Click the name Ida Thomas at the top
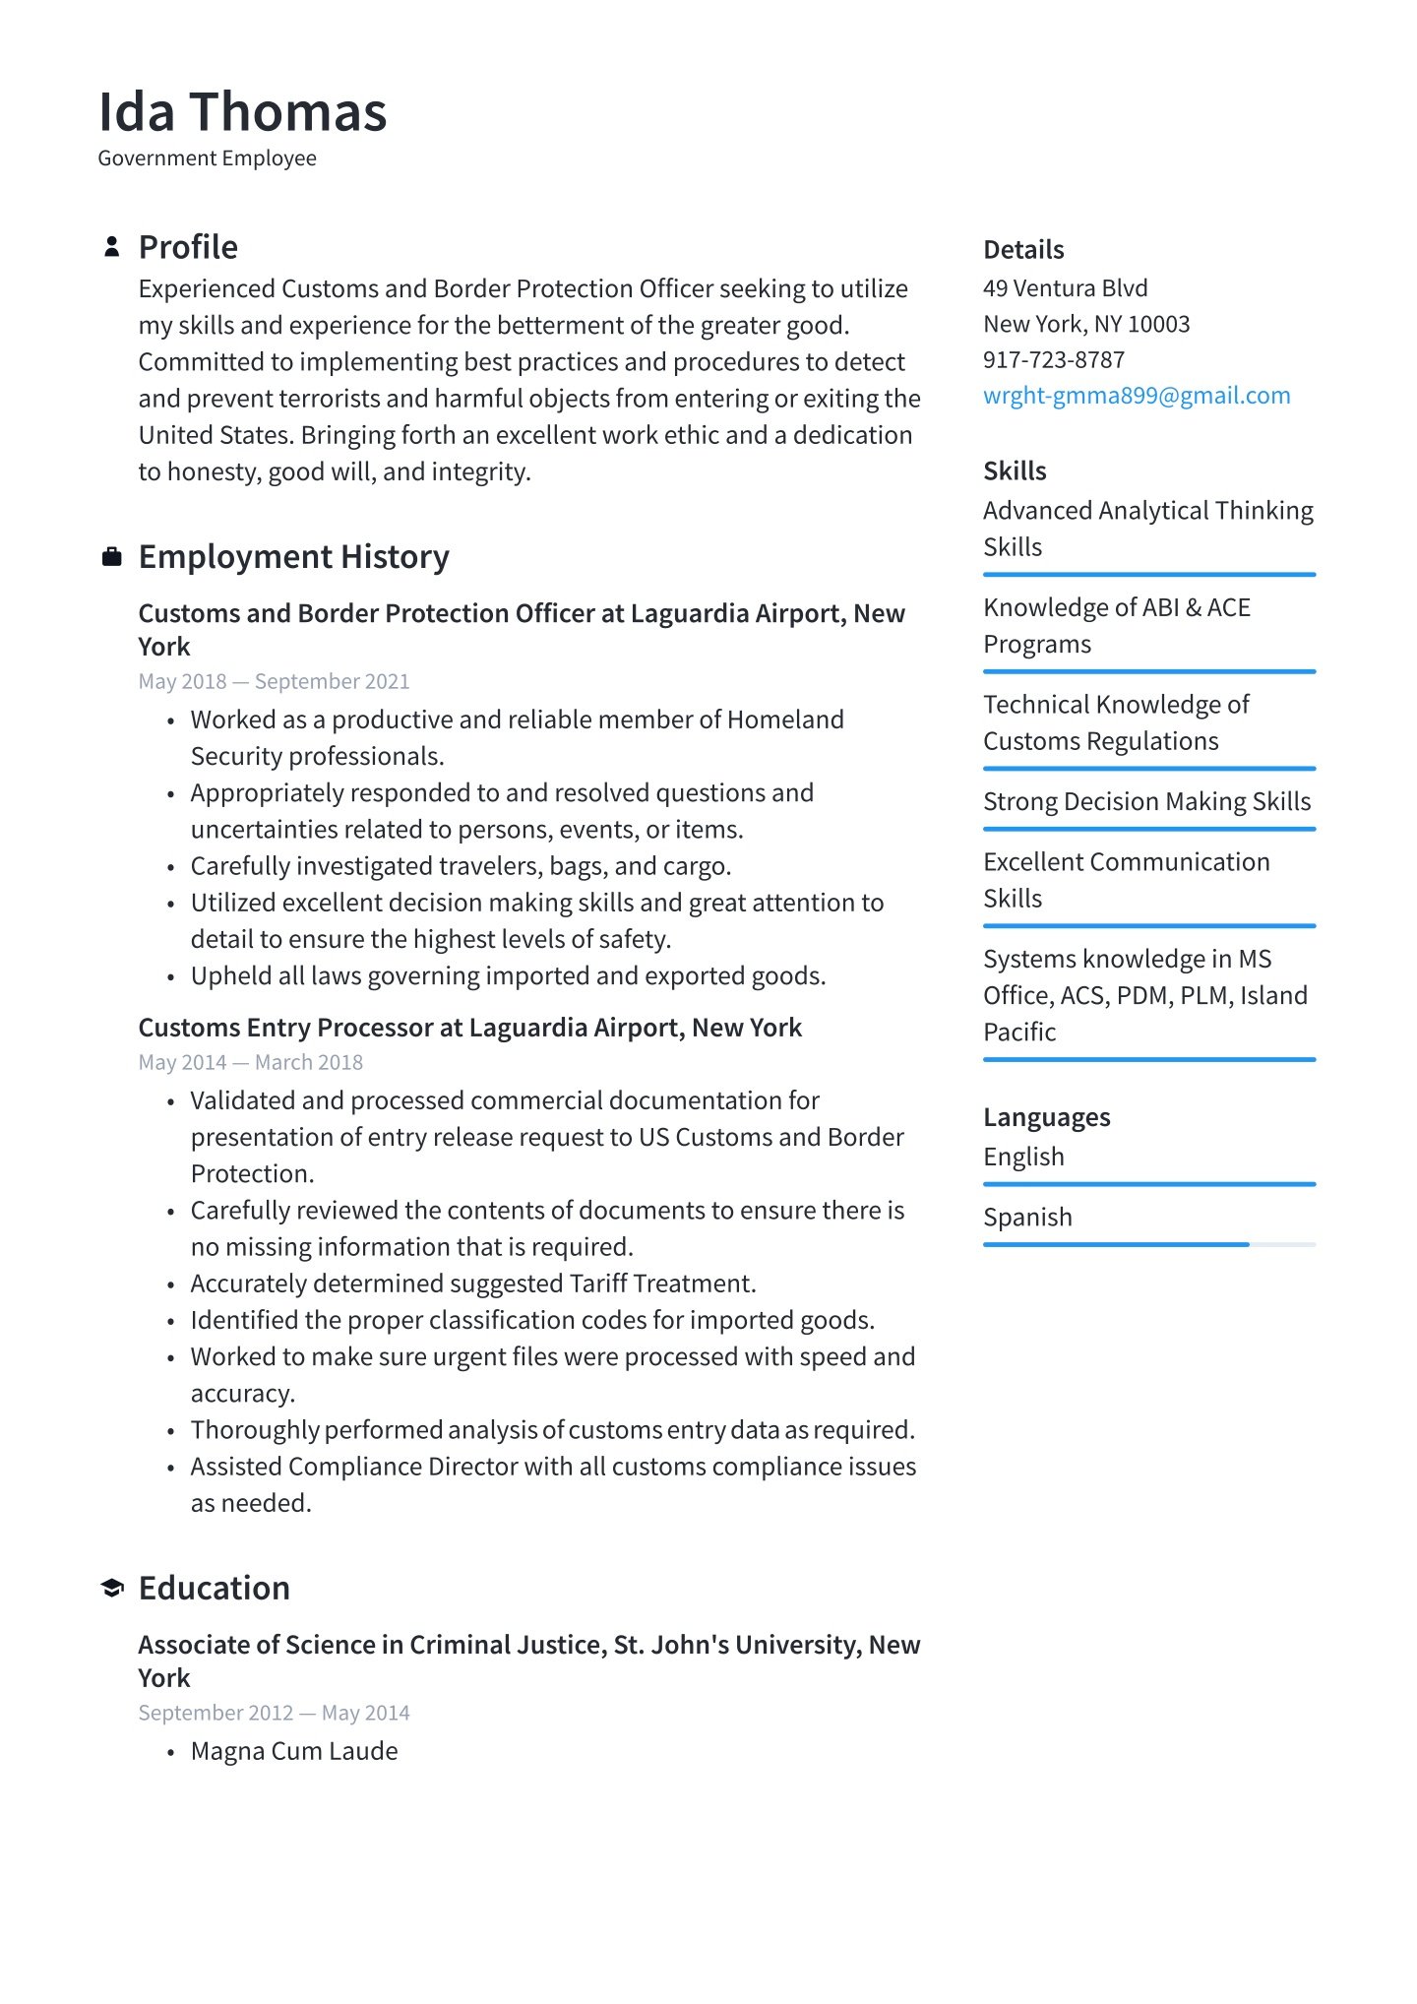click(x=242, y=111)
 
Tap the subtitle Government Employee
click(x=207, y=158)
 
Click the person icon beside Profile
click(x=112, y=247)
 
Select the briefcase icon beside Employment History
click(x=112, y=557)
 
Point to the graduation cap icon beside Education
click(x=112, y=1588)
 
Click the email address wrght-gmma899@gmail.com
click(x=1136, y=396)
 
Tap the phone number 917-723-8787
click(x=1053, y=360)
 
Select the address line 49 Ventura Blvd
click(x=1065, y=288)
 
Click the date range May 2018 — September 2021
click(x=274, y=681)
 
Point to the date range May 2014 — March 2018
click(x=250, y=1062)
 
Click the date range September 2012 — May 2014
click(x=274, y=1713)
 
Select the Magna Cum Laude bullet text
click(x=294, y=1751)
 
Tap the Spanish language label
click(x=1027, y=1218)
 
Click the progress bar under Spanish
click(x=1148, y=1245)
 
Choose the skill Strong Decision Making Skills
click(x=1146, y=802)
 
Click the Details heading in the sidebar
click(x=1023, y=250)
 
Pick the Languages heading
click(x=1046, y=1117)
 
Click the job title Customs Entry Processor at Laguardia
click(x=469, y=1028)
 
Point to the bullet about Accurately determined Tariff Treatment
click(x=472, y=1284)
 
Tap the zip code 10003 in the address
click(x=1158, y=325)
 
